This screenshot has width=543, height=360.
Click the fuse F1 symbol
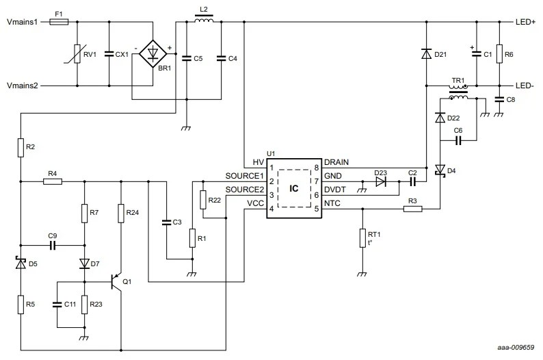pos(59,22)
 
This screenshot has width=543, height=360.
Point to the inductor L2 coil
pos(203,21)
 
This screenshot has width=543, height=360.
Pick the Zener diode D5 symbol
pos(21,263)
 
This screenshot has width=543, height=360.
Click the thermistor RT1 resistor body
pos(362,238)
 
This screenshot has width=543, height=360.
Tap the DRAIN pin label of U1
pos(336,162)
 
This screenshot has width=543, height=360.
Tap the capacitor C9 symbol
pos(53,244)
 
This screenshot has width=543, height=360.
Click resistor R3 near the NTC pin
pos(412,209)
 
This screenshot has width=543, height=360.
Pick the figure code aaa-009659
pos(516,348)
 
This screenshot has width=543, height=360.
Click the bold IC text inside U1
pos(293,188)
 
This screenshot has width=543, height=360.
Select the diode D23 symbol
pos(381,182)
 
